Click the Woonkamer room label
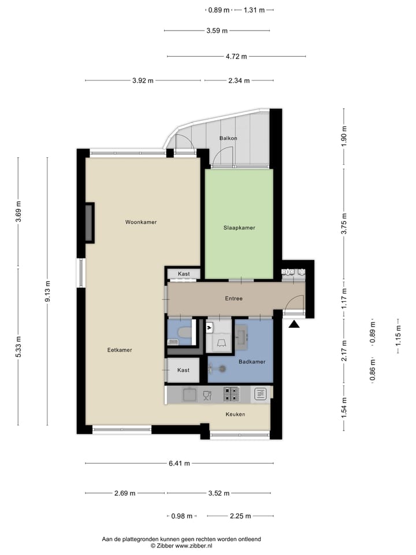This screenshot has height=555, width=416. [x=141, y=222]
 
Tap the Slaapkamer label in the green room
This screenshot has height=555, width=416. [x=239, y=228]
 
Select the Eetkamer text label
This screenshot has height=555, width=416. [x=120, y=350]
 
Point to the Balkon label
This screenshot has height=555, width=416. [x=228, y=138]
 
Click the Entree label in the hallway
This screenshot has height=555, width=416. [x=233, y=298]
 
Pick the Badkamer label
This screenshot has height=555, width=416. [x=251, y=362]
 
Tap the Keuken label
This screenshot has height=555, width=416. [x=235, y=414]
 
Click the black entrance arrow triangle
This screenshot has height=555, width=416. [x=294, y=325]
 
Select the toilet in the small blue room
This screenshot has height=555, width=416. [x=183, y=334]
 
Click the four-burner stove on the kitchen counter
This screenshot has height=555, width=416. [x=231, y=394]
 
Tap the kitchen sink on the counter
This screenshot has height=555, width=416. [x=189, y=395]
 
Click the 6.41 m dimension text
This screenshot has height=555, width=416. [x=179, y=463]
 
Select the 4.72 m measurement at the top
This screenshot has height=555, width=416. [x=236, y=57]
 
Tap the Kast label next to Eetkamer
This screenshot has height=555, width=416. [x=184, y=370]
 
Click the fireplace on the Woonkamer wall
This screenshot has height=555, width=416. [x=90, y=223]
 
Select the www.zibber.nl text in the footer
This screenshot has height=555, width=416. [x=194, y=545]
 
